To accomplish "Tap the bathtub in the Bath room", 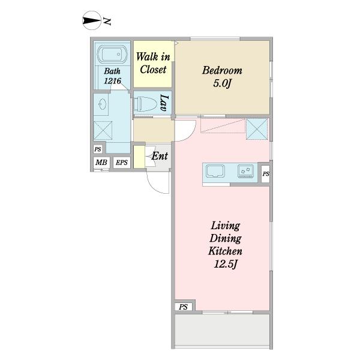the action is tap(112, 54).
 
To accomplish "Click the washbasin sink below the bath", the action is tap(102, 104).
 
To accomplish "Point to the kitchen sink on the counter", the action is tap(215, 171).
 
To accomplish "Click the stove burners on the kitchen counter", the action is tap(245, 171).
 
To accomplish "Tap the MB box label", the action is tap(101, 163).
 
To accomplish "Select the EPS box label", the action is tap(121, 163).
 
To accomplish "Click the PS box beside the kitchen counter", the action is tap(265, 174).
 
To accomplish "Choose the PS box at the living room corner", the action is tap(183, 307).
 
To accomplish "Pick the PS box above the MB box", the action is tap(98, 149).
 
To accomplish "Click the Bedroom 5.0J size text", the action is tap(222, 83).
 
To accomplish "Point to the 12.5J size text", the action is tap(225, 264).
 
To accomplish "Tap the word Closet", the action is tap(153, 70).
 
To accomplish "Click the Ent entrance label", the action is tap(160, 156).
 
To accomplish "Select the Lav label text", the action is tap(165, 103).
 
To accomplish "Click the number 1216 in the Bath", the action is tap(113, 81).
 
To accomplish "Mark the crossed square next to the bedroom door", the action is tap(257, 129).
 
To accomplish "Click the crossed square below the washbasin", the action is tap(103, 130).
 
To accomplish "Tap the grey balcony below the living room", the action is tap(222, 329).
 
